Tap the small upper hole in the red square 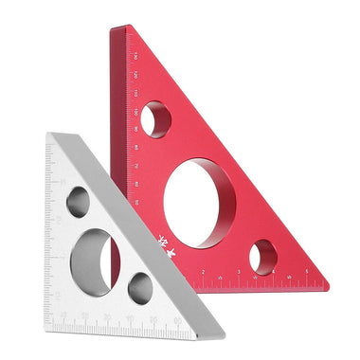click(156, 119)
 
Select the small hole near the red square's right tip click(264, 256)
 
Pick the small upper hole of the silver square click(79, 202)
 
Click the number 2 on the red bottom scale click(203, 272)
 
